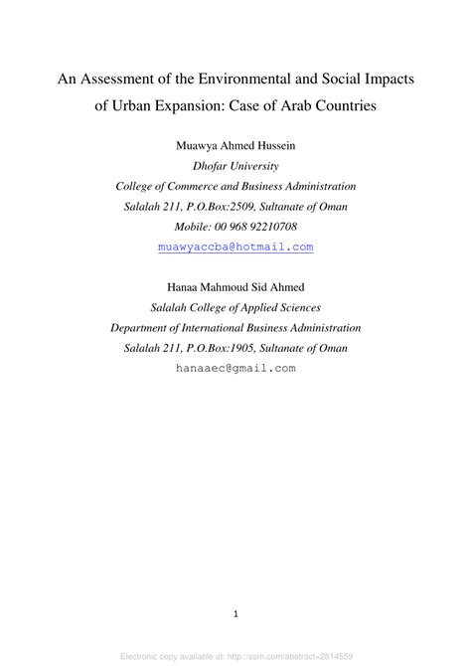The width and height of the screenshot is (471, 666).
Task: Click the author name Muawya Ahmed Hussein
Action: click(x=235, y=146)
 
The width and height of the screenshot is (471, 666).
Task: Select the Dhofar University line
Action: click(x=235, y=166)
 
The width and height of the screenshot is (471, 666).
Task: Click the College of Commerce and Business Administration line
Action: click(x=235, y=186)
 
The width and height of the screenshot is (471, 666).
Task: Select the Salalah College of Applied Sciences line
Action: click(x=235, y=307)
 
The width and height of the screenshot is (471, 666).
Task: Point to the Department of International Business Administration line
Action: click(x=235, y=327)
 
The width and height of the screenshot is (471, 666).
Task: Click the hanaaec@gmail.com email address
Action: click(x=235, y=367)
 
